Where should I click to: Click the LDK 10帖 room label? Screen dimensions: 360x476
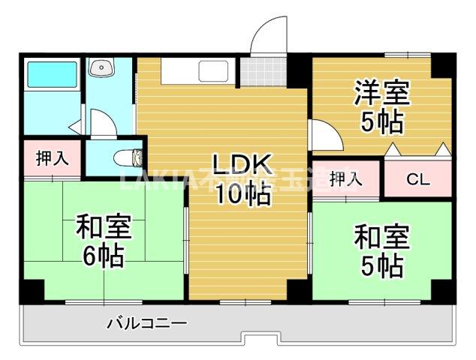[240, 178]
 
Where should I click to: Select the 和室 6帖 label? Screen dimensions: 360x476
[103, 241]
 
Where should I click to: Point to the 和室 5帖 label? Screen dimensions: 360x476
[381, 250]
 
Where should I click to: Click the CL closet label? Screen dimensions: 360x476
[418, 179]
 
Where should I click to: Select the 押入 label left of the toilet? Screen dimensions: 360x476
[52, 158]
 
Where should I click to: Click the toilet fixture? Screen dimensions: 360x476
[131, 158]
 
